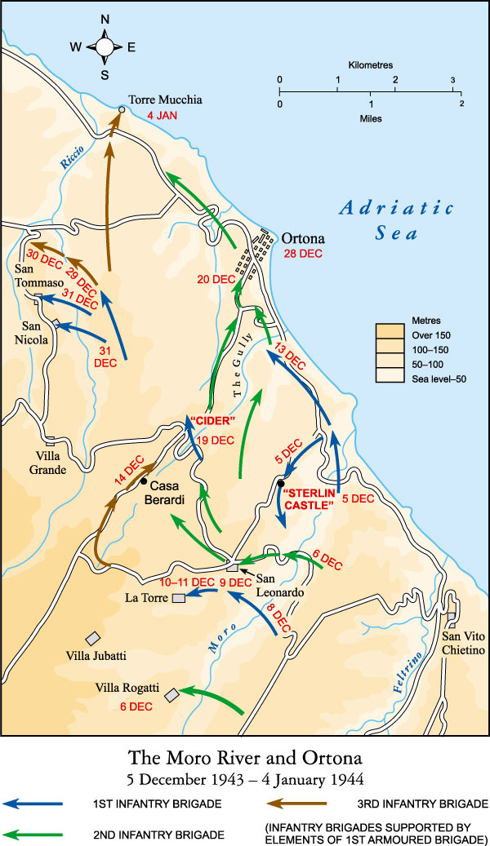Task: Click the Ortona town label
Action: click(x=304, y=239)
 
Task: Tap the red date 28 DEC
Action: click(x=303, y=254)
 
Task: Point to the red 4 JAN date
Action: click(x=162, y=116)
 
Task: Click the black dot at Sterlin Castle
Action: click(x=280, y=484)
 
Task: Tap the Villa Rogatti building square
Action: click(x=171, y=694)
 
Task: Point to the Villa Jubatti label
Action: click(x=97, y=655)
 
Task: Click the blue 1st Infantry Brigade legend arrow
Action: click(x=33, y=804)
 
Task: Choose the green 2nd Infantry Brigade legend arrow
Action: click(x=33, y=834)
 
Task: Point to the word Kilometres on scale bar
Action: click(x=370, y=64)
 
